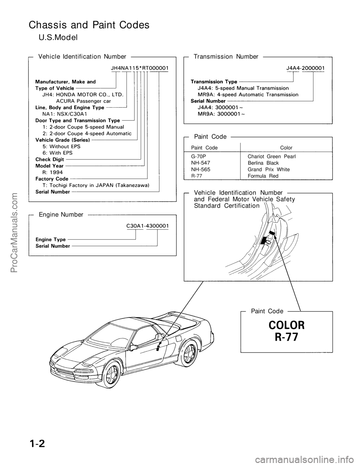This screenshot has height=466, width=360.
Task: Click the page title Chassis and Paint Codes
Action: coord(89,25)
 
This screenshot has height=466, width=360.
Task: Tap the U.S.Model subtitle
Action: coord(58,38)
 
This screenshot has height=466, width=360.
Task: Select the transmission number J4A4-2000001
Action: coord(305,68)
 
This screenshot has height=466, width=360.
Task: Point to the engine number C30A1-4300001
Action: coord(147,226)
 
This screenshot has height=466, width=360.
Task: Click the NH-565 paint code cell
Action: coord(201,170)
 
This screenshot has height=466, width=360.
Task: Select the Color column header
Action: coord(286,148)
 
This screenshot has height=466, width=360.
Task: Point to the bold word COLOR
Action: coord(286,325)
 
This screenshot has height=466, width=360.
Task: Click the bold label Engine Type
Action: coord(51,239)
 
